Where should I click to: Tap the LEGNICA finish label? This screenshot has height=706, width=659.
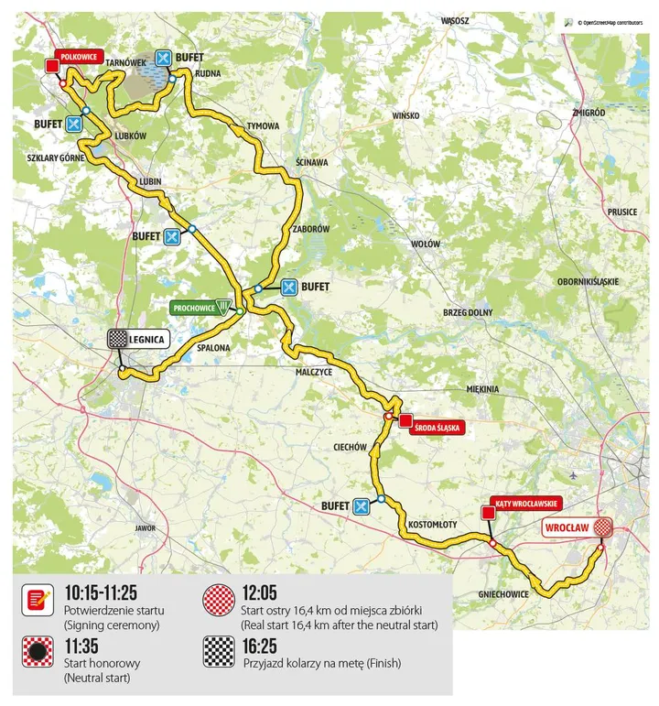146,339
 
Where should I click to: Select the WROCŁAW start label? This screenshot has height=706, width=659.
566,527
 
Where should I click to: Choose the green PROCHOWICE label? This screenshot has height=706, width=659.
198,308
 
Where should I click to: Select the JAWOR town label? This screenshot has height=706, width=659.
145,528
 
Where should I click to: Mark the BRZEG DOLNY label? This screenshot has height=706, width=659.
468,312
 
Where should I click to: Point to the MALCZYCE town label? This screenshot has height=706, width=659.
313,373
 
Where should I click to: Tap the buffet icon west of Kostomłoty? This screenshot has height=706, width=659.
361,505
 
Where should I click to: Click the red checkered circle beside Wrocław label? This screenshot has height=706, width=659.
602,527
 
